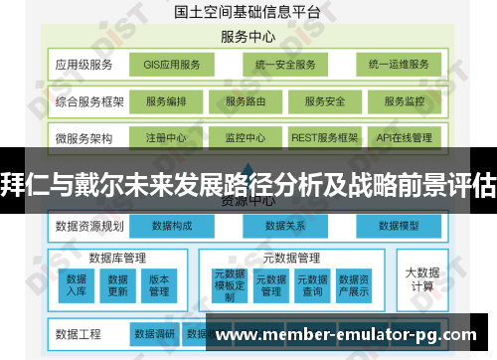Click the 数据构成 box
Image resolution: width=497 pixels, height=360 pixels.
173,226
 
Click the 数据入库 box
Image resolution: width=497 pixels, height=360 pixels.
77,285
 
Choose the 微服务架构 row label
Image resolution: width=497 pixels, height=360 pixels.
84,137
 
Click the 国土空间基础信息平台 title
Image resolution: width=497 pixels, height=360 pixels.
248,13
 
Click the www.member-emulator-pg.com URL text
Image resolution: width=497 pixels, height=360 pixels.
353,333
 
